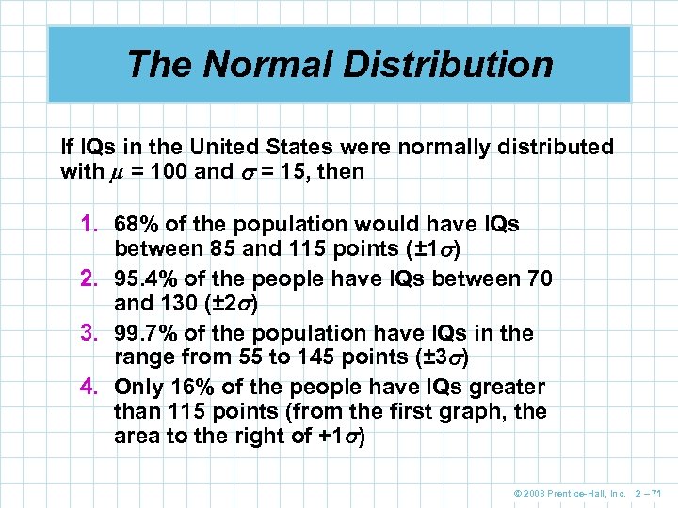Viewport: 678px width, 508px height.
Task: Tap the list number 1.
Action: [x=91, y=225]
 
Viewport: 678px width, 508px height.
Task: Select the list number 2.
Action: [x=91, y=279]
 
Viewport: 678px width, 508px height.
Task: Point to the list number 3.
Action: [x=91, y=334]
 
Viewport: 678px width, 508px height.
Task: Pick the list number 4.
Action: [x=91, y=387]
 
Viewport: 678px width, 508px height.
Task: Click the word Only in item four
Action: [x=137, y=387]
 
